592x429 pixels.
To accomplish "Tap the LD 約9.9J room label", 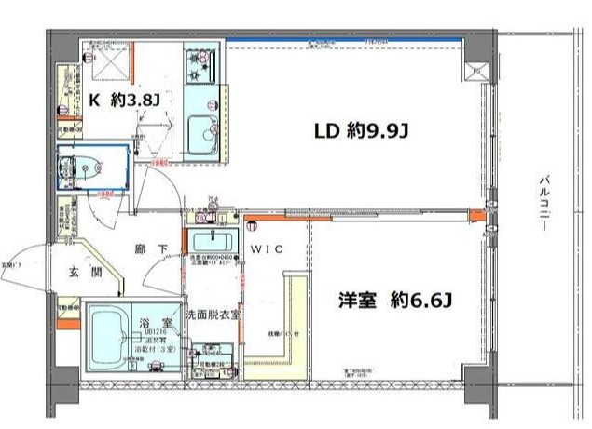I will [x=361, y=131].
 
